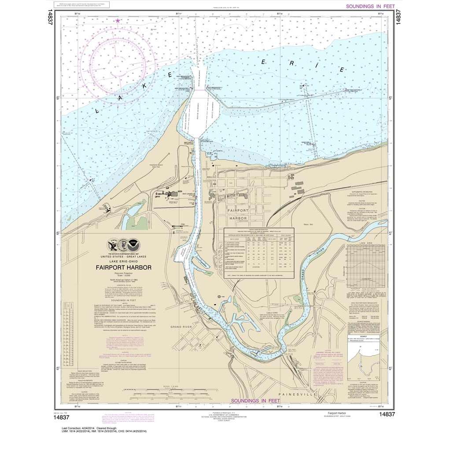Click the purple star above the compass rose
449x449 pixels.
pyautogui.click(x=117, y=20)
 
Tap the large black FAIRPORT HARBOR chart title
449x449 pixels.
pyautogui.click(x=124, y=267)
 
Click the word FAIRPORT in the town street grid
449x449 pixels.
pyautogui.click(x=238, y=211)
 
